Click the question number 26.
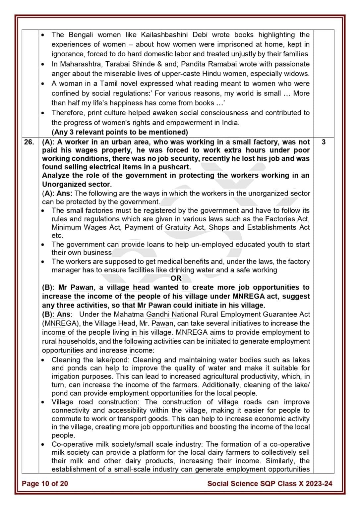29,142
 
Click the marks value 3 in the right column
324,142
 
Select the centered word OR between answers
176,278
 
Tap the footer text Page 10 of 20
45,483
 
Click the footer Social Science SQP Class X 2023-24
270,483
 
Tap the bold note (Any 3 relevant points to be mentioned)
120,132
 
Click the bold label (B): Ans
56,314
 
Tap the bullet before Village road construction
43,402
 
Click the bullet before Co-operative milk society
43,444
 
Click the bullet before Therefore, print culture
43,113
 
